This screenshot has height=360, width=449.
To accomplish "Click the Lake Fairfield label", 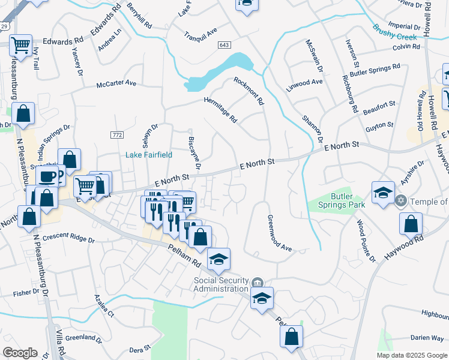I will [149, 155].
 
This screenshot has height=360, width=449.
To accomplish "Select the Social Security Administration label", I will [220, 284].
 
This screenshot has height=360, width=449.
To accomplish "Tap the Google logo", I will [20, 353].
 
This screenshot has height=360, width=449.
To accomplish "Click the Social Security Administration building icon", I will [257, 282].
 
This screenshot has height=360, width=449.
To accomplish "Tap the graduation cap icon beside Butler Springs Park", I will [383, 192].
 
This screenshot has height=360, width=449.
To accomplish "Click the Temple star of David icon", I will [401, 202].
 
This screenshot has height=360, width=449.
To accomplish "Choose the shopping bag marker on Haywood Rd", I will [411, 224].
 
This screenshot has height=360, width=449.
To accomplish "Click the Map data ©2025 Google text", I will [411, 355].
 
